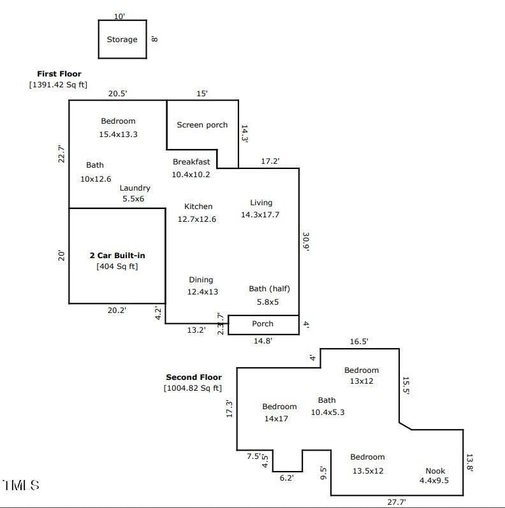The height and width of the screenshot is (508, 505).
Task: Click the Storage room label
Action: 122,40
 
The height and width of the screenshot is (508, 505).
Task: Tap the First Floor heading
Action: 59,74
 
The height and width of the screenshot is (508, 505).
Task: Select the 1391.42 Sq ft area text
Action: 59,85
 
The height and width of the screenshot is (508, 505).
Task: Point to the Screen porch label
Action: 202,125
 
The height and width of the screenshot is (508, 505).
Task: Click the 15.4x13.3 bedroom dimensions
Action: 119,134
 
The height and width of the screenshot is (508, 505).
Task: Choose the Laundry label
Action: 135,188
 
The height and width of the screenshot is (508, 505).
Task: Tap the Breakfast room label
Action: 191,162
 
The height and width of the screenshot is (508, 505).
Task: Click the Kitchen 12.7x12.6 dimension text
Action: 197,219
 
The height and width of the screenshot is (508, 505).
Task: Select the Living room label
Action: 261,203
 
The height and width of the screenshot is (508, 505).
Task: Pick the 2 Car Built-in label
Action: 117,256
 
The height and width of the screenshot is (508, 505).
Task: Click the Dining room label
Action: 201,280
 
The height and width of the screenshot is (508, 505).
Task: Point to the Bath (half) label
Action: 269,289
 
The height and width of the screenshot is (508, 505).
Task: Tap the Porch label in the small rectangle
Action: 263,324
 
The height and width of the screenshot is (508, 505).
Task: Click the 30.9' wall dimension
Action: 305,242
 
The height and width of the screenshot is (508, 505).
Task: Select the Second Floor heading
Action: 194,377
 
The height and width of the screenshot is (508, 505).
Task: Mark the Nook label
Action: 435,471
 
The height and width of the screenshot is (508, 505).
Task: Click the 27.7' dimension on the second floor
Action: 397,502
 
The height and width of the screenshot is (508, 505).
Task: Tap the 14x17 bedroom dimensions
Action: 276,419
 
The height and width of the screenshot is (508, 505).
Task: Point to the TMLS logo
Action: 21,485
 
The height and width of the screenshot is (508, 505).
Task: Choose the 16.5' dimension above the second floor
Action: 359,342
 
